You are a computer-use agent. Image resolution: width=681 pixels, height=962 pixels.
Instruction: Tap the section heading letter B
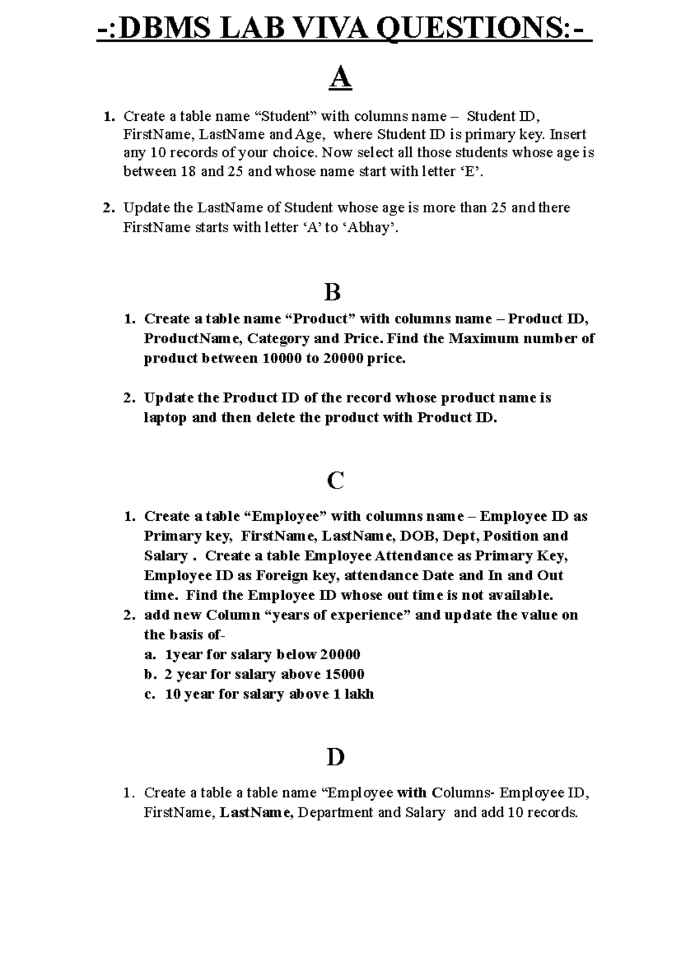(x=333, y=293)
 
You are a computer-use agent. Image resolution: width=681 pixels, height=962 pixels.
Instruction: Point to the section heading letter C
(x=335, y=481)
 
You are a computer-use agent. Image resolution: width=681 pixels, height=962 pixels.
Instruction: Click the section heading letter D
(x=335, y=757)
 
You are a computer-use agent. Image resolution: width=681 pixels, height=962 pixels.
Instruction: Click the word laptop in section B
(x=165, y=418)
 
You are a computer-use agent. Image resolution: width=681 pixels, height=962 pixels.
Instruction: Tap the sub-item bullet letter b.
(x=149, y=674)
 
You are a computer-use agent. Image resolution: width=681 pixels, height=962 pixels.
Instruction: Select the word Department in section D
(x=335, y=813)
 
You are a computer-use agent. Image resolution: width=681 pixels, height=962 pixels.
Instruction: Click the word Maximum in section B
(x=484, y=339)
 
